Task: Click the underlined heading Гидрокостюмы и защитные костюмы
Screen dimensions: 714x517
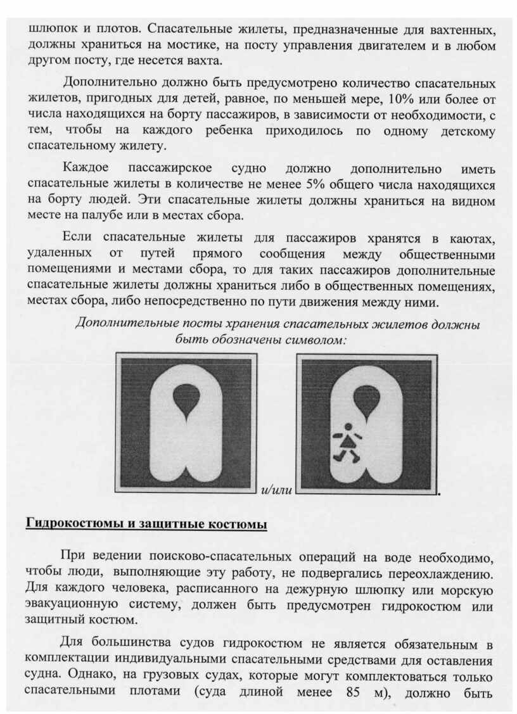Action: point(146,524)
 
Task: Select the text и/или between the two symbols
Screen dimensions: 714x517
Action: point(277,491)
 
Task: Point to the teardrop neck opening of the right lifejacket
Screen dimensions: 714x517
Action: point(366,402)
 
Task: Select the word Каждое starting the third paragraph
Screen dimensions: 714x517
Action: point(86,169)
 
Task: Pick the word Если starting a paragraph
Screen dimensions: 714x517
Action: point(77,238)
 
